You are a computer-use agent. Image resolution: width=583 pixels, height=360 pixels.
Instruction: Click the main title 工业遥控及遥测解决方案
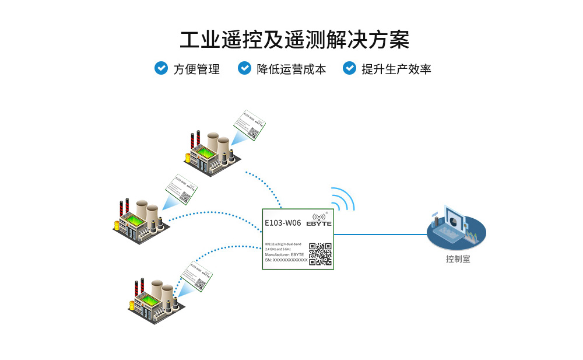[294, 40]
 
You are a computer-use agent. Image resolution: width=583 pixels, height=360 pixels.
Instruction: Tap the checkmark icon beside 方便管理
[161, 68]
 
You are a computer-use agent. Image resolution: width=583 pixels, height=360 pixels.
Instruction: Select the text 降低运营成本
[291, 69]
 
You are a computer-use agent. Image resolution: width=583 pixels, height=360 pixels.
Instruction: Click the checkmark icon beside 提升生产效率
[349, 68]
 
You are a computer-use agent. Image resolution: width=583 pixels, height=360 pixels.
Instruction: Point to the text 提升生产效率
[396, 69]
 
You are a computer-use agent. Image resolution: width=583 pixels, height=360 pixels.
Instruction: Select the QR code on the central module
[320, 254]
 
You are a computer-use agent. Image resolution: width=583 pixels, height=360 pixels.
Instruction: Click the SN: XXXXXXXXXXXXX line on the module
[286, 260]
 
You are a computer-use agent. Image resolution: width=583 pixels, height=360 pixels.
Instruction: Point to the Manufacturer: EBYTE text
[284, 254]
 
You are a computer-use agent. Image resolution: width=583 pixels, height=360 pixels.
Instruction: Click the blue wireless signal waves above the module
[343, 198]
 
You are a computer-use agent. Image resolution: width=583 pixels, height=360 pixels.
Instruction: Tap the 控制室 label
[458, 259]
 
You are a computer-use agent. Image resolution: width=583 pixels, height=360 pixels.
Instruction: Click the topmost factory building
[211, 153]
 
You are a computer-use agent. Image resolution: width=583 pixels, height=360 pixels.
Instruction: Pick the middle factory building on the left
[140, 220]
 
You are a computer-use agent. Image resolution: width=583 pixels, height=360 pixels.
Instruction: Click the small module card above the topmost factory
[248, 124]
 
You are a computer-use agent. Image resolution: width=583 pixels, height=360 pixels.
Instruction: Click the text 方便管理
[196, 69]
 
